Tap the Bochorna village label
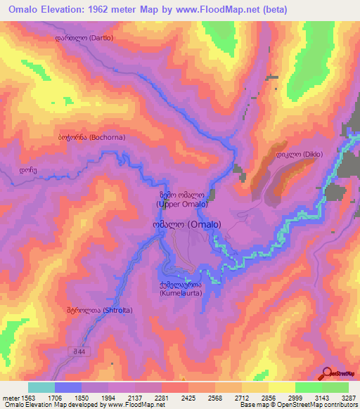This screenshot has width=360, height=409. tap(91, 138)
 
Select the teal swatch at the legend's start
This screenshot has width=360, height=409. tap(41, 387)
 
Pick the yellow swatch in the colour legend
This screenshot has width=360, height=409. tap(281, 387)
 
